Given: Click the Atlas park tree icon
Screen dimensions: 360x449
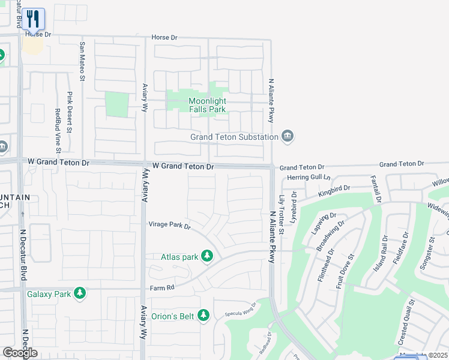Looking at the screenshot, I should (x=207, y=257).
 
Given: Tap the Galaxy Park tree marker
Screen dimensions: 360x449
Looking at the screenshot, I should (x=79, y=293).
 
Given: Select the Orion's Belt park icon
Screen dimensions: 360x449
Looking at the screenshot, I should (x=203, y=314).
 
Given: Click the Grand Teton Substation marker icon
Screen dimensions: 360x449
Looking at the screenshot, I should (x=288, y=136).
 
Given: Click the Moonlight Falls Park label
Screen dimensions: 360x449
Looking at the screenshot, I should (x=207, y=105).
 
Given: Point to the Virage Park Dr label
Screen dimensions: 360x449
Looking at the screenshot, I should (x=169, y=226).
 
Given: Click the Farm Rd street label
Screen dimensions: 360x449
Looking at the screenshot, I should (x=162, y=288).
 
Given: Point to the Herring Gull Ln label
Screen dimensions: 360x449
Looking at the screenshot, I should (x=309, y=177).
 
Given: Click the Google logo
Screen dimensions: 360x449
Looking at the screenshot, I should (x=20, y=353).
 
